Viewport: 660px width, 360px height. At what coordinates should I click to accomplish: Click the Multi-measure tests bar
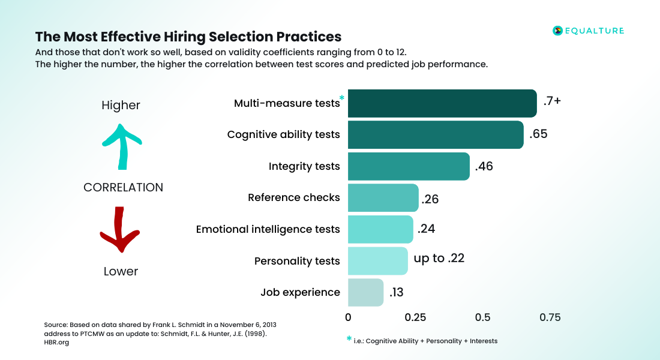[x=442, y=103]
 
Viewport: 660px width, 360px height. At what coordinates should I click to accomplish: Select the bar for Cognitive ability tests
[x=436, y=135]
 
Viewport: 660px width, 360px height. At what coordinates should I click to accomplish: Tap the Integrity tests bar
[x=409, y=166]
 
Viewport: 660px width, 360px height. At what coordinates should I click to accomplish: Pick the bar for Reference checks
[x=383, y=198]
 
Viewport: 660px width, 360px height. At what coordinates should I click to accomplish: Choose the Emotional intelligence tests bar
[x=380, y=229]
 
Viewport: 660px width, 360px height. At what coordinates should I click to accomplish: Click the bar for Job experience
[x=365, y=292]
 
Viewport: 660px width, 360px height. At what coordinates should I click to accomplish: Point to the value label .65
[x=538, y=134]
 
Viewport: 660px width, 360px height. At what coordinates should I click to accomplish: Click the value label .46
[x=484, y=167]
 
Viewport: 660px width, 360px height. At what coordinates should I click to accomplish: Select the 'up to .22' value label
[x=439, y=259]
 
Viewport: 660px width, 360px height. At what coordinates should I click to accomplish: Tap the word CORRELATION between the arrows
[x=123, y=187]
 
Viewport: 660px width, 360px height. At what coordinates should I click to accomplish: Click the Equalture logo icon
[x=557, y=31]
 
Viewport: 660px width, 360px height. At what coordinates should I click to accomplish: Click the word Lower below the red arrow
[x=121, y=271]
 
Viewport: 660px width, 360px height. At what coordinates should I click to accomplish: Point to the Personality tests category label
[x=297, y=261]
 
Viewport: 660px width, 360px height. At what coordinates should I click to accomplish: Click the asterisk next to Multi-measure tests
[x=342, y=98]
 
